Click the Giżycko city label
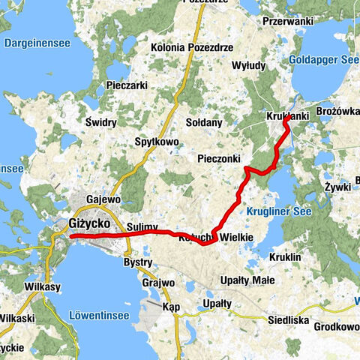tap(89, 223)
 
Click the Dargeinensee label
tap(37, 43)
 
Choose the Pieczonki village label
tap(219, 159)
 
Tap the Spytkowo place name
tap(156, 141)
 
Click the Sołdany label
tap(204, 121)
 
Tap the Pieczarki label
tap(126, 85)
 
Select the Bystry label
tap(138, 263)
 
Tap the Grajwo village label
tap(157, 283)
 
